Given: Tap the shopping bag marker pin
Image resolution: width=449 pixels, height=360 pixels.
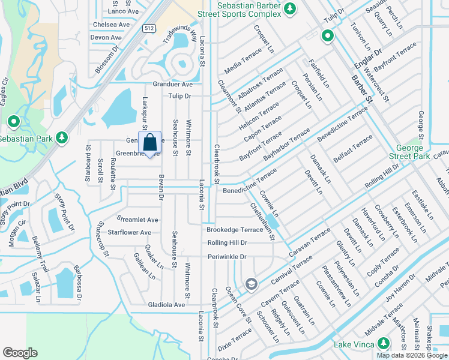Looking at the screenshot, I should (150, 143).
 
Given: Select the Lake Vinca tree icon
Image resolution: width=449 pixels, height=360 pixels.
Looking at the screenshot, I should (384, 343).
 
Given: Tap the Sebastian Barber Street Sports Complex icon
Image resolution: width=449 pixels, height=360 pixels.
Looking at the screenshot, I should (290, 8).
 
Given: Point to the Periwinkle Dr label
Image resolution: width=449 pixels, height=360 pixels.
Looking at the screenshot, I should (227, 256).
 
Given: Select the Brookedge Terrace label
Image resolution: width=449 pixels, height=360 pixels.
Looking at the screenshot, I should (235, 229).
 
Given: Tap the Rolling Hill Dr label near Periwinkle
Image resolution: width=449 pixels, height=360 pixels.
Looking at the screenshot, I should (227, 242).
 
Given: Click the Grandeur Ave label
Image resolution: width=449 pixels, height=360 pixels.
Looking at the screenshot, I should (172, 85).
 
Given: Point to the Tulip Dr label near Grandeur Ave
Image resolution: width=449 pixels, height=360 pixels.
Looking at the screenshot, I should (179, 96).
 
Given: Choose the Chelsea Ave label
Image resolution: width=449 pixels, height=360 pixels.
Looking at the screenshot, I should (112, 25).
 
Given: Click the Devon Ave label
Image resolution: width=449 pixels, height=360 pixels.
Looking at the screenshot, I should (106, 37).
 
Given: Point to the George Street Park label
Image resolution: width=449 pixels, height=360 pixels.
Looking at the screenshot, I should (413, 152).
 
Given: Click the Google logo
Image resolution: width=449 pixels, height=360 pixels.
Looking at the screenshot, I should (20, 352).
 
